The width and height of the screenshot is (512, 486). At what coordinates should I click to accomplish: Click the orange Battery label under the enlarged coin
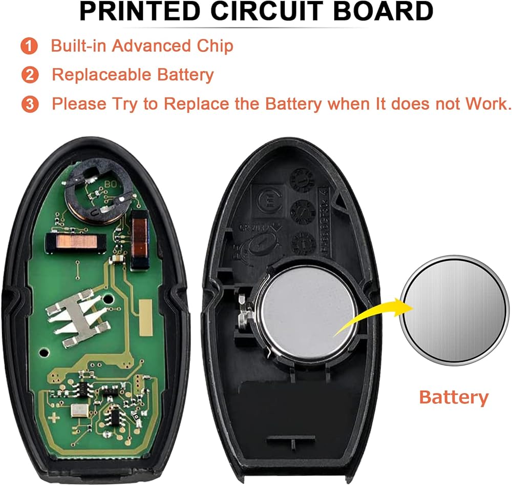coord(454,397)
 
